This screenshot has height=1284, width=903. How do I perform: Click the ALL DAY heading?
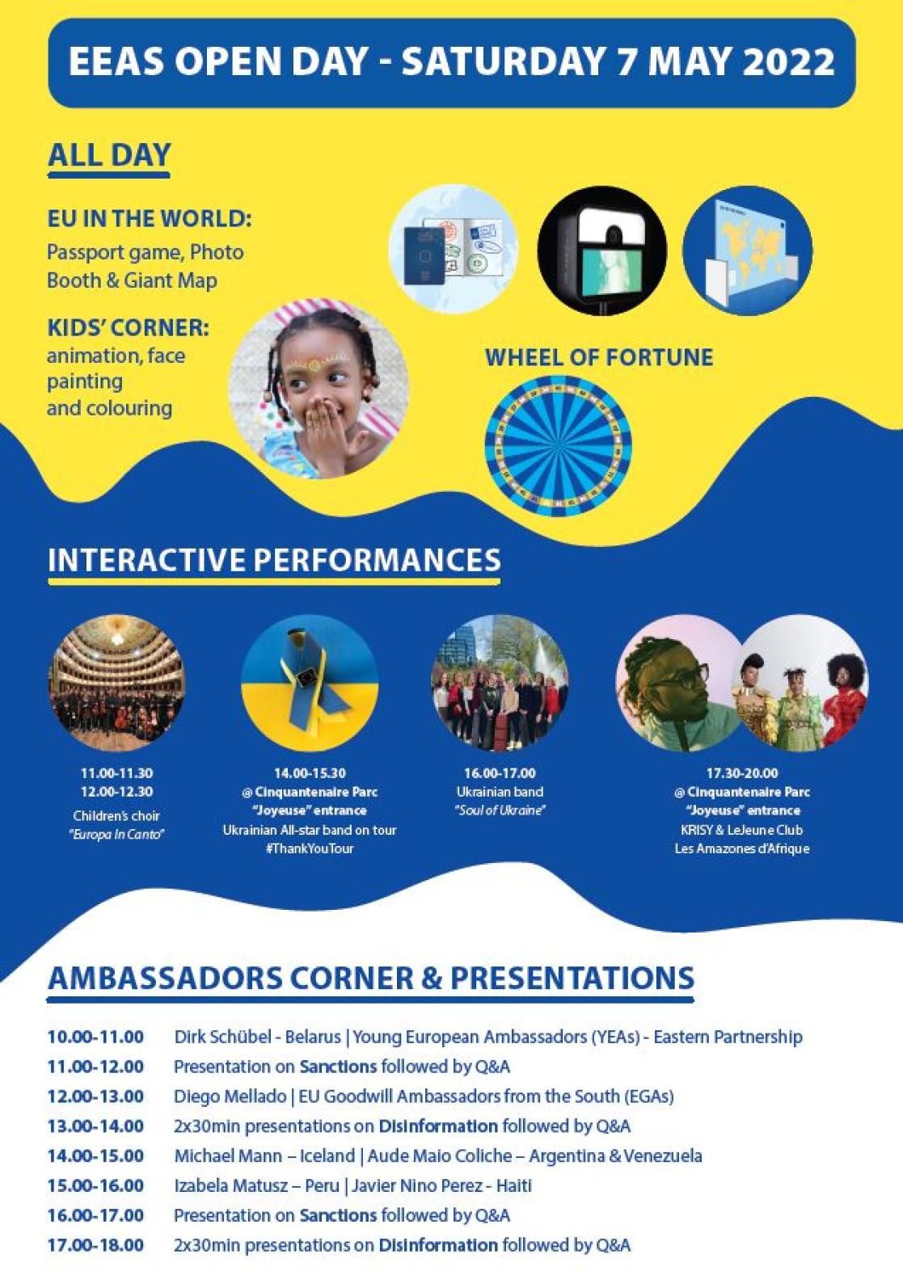[109, 155]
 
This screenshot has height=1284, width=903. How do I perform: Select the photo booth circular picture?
[601, 251]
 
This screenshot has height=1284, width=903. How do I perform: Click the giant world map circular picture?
[747, 251]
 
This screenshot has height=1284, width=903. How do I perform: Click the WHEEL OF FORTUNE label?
[598, 357]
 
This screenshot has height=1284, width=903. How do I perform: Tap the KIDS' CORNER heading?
[128, 328]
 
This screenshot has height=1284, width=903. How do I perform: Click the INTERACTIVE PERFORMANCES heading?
[274, 560]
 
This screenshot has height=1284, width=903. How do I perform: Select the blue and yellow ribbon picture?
[310, 683]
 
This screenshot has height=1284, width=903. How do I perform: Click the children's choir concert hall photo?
[117, 683]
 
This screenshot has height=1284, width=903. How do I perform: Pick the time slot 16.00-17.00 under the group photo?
[500, 773]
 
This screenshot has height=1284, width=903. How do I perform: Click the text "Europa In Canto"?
[116, 834]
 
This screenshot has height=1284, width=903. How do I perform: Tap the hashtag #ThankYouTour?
[310, 848]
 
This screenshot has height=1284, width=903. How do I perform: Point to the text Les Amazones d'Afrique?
[741, 848]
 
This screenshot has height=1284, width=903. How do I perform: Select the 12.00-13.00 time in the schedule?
[95, 1097]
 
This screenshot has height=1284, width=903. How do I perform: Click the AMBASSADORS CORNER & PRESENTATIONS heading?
[370, 978]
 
